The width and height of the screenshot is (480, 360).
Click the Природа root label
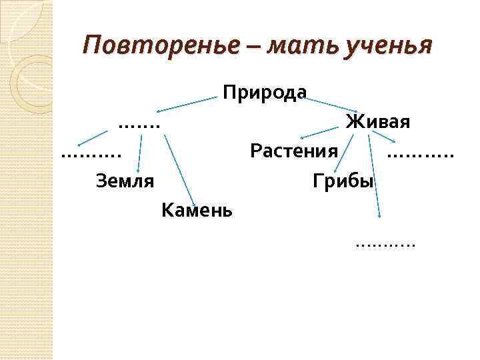tap(265, 92)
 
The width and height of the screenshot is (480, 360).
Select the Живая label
tap(377, 122)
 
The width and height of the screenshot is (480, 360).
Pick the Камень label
tap(197, 211)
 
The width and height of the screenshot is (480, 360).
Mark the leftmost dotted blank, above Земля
tap(91, 155)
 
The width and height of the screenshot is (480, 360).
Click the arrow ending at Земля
tap(140, 153)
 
